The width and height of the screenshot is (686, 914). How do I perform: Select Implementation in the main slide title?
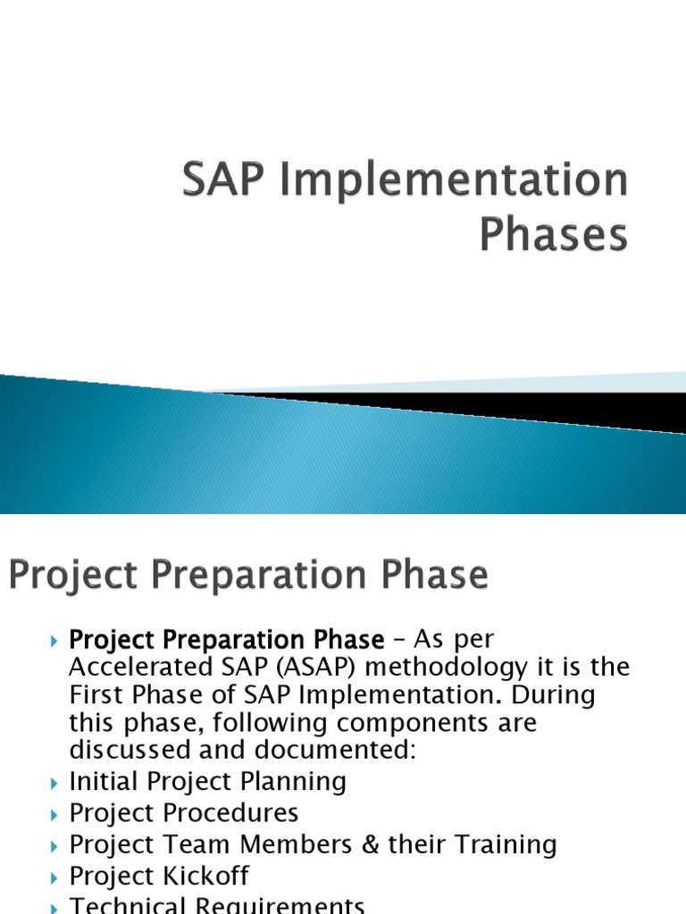454,181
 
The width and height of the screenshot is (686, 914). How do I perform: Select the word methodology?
431,667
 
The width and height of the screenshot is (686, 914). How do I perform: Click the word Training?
506,844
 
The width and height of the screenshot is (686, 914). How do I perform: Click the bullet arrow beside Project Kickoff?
53,877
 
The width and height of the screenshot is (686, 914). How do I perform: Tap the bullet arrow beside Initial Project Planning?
53,783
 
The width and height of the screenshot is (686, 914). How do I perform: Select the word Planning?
294,782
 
